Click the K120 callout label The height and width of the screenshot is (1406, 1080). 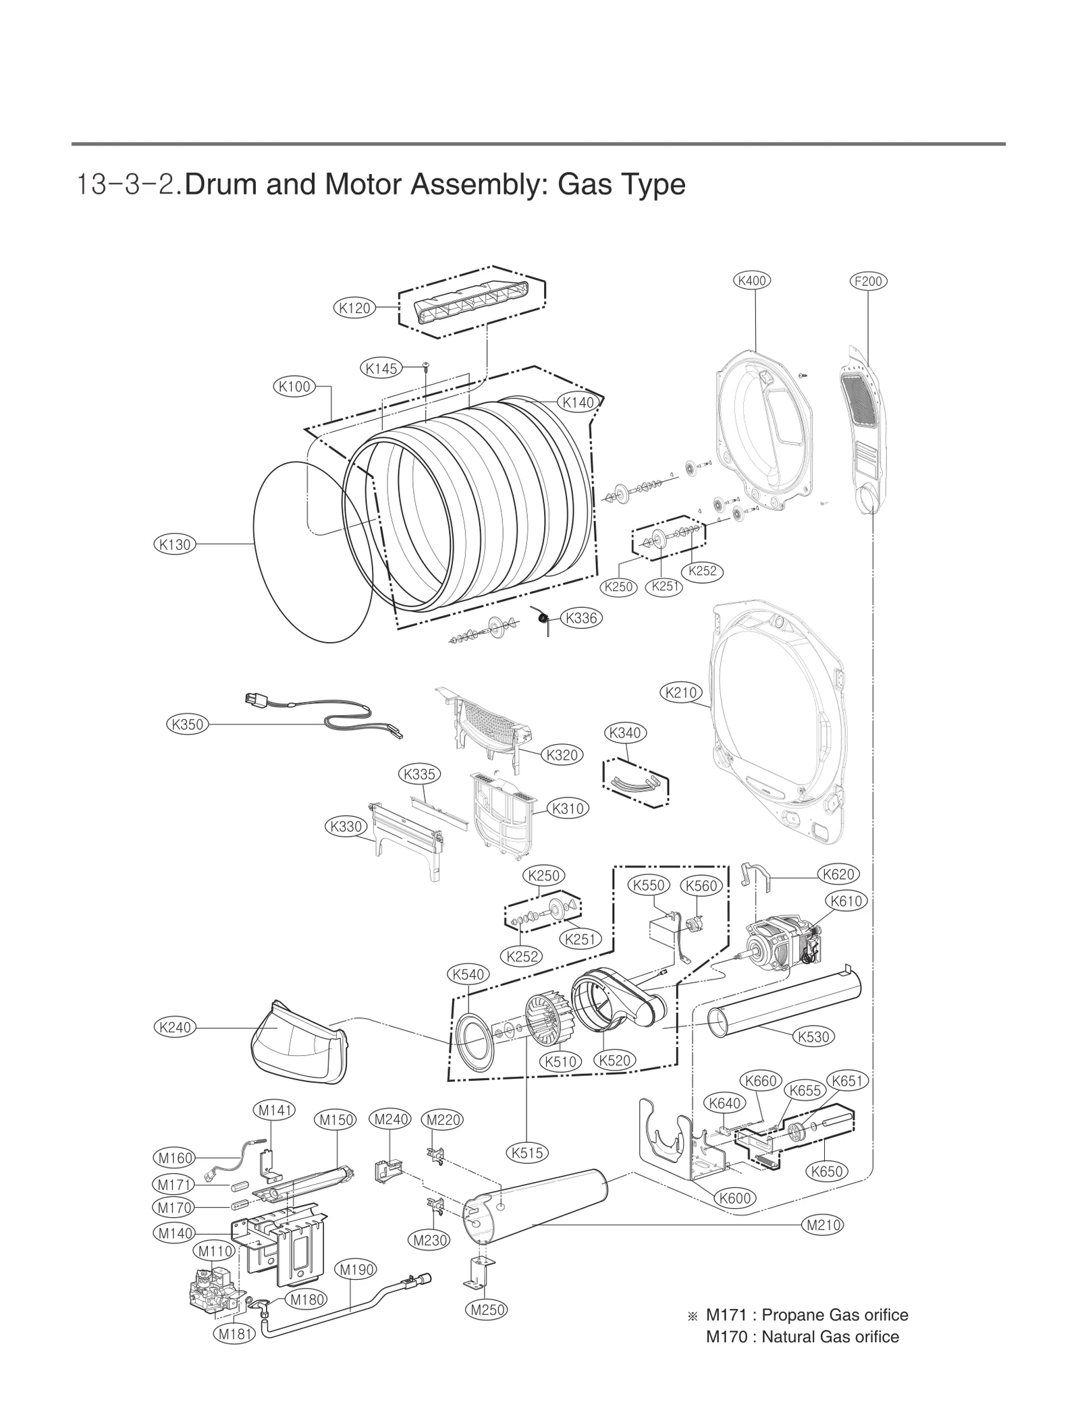[x=353, y=308]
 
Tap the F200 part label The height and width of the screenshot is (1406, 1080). [x=867, y=281]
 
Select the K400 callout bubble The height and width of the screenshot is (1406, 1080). [x=752, y=280]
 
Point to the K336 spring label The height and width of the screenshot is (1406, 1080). [x=581, y=617]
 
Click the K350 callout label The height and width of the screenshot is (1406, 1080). [x=187, y=725]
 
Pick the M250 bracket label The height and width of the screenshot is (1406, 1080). [x=487, y=1310]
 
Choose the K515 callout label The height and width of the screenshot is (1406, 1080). [x=527, y=1153]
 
